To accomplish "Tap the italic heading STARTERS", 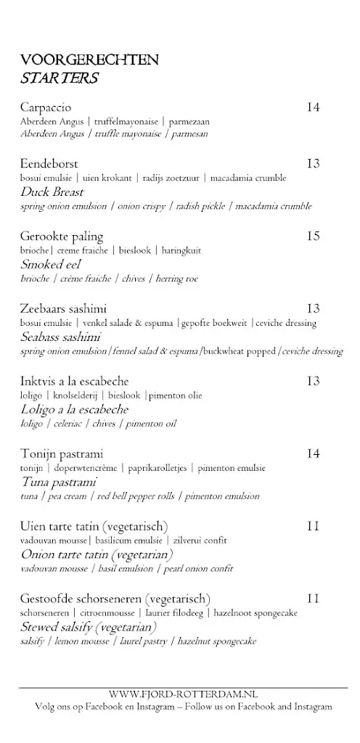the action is [x=60, y=78].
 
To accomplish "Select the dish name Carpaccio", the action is [x=49, y=108].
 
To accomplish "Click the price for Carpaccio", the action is [x=313, y=108].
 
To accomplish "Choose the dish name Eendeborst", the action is [x=49, y=164].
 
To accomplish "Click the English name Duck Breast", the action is [x=52, y=192].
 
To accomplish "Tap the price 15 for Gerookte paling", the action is [x=313, y=236].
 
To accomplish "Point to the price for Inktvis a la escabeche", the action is [x=313, y=381].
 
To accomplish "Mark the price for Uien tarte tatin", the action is [x=313, y=526].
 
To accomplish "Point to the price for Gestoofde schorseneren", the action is [x=313, y=599].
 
